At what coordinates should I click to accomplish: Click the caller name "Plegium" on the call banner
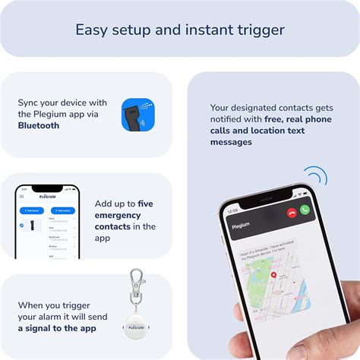coord(242,224)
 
